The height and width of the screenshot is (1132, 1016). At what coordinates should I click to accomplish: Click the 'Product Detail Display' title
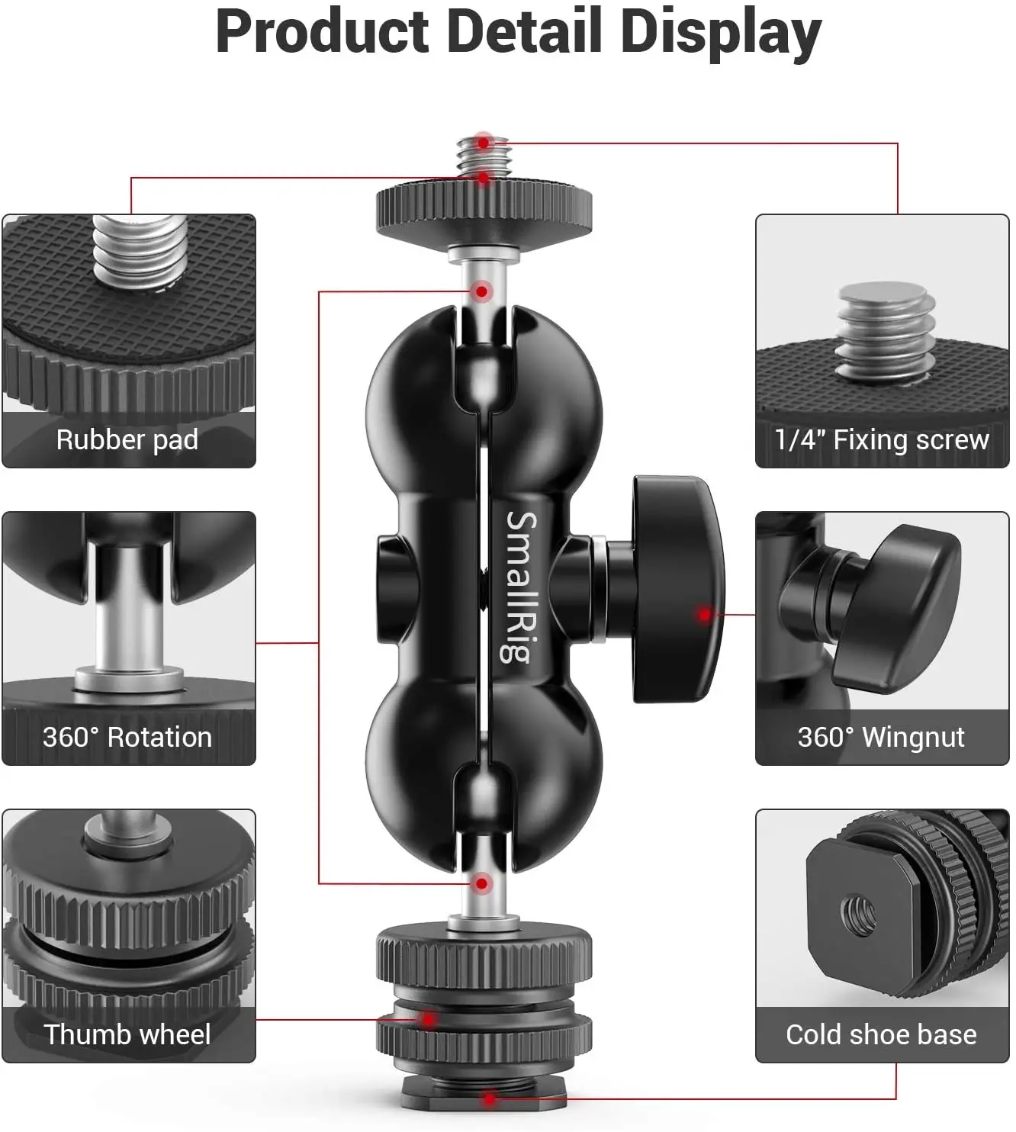(x=518, y=32)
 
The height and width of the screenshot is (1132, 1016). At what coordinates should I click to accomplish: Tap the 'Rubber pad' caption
(x=127, y=440)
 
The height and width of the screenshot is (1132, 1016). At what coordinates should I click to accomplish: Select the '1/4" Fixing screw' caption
(x=881, y=440)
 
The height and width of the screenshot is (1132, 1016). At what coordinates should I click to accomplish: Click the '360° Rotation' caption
(x=127, y=737)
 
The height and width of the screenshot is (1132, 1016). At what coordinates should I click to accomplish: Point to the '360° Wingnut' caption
(x=881, y=737)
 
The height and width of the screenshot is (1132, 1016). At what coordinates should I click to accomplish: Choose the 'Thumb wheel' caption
(x=127, y=1034)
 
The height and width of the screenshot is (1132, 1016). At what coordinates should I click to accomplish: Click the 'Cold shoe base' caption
(x=881, y=1034)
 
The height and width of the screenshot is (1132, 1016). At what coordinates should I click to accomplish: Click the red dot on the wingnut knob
(x=705, y=614)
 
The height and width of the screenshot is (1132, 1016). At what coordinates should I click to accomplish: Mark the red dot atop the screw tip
(x=483, y=143)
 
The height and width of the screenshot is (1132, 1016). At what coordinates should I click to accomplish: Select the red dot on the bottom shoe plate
(x=490, y=1099)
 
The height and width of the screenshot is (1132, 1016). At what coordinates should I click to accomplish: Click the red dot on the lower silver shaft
(x=482, y=884)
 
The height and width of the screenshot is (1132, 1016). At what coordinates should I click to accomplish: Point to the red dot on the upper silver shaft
(x=482, y=291)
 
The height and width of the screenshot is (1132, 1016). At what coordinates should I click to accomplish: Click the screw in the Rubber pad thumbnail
(x=139, y=252)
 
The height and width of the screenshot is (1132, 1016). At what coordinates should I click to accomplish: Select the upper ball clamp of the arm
(x=484, y=397)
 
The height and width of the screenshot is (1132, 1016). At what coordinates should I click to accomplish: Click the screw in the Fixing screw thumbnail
(x=886, y=328)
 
